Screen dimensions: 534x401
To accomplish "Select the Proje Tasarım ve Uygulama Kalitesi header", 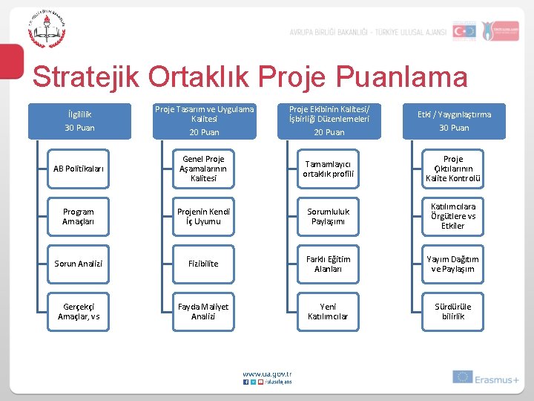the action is point(204,120).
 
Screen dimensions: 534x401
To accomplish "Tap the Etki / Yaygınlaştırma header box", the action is point(454,120).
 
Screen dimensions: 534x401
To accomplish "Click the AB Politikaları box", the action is point(79,169).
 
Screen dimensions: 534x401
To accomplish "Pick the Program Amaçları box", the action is point(79,216).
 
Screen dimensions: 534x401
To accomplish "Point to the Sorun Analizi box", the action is point(79,264).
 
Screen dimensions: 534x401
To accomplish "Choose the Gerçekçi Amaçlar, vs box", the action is point(79,311).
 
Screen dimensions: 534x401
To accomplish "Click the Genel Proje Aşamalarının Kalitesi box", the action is point(204,169).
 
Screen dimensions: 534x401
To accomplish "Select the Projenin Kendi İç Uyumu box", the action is point(204,216).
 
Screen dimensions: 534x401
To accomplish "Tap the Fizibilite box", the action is point(204,264).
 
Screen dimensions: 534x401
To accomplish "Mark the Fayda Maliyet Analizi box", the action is point(204,311).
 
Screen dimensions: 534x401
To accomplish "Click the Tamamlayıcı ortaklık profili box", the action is point(328,169).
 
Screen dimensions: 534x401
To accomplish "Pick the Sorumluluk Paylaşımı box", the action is point(328,216).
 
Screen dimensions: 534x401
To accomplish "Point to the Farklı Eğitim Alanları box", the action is point(328,264).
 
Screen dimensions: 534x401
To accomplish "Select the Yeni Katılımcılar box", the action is point(328,311).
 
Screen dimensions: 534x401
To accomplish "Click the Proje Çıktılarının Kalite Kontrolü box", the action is point(453,169).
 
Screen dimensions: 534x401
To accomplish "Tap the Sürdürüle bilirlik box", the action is point(453,311).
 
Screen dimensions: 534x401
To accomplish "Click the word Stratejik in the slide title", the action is point(85,77).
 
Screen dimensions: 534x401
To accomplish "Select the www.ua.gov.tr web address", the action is point(268,374).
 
